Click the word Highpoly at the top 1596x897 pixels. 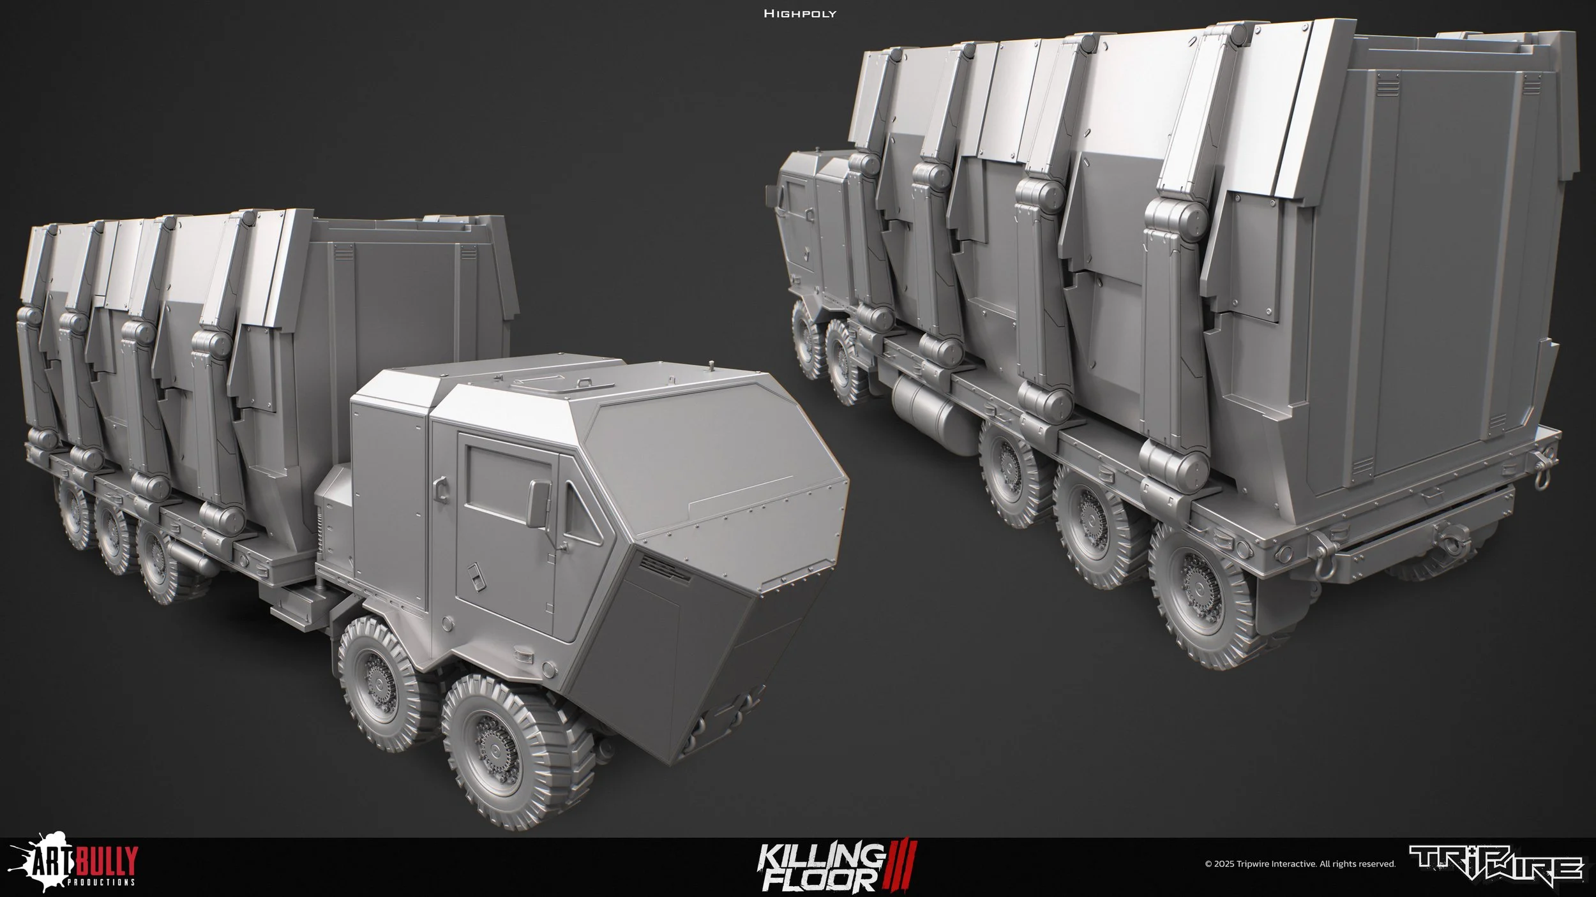click(799, 13)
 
